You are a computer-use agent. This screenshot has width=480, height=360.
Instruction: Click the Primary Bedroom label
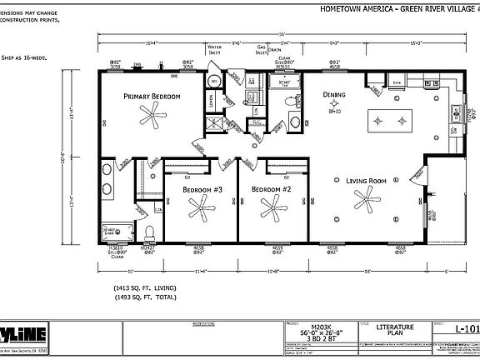click(x=152, y=96)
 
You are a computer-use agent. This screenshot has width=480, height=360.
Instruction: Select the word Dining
click(x=334, y=95)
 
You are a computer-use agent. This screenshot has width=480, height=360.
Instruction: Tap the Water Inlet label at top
click(x=214, y=49)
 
